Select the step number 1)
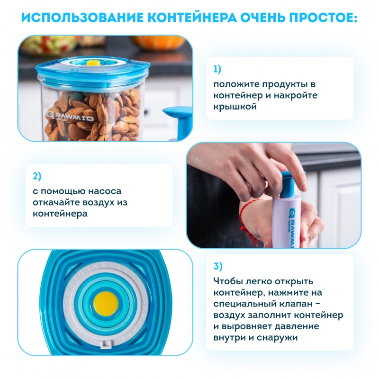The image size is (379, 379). (x=217, y=69)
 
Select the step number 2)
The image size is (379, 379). (x=37, y=176)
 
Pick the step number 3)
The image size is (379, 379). (x=218, y=266)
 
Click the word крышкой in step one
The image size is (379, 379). (x=235, y=106)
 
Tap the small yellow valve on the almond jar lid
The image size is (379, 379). (x=92, y=63)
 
